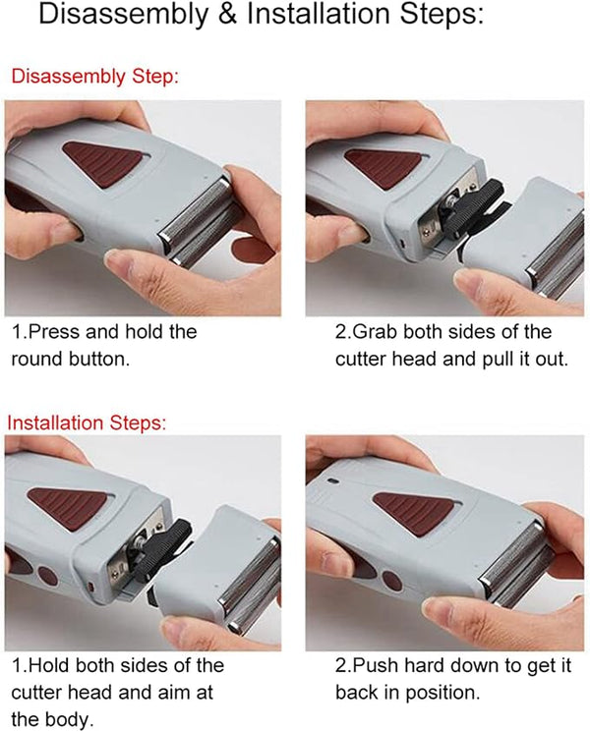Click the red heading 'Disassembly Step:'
point(95,77)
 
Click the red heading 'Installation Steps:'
point(87,422)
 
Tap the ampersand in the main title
point(227,15)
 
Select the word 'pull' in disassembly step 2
point(498,360)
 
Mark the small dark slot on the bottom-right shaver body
point(333,480)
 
